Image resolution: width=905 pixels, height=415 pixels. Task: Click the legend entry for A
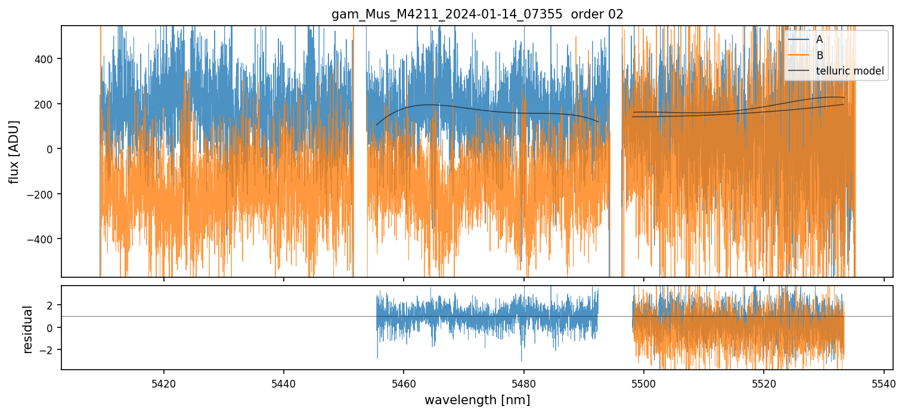(x=819, y=39)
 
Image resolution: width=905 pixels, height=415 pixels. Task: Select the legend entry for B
(x=819, y=55)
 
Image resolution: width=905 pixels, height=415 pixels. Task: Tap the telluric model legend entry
(x=850, y=72)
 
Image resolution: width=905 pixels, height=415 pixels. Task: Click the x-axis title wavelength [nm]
(x=477, y=399)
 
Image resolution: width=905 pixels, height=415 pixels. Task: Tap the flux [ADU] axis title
(x=14, y=151)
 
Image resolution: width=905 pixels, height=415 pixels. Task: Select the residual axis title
(x=27, y=329)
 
